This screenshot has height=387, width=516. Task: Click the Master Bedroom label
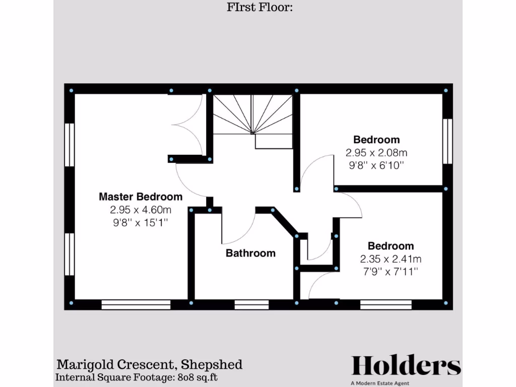141,197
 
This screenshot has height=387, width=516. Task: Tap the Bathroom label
250,253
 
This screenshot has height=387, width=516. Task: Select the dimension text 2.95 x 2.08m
376,152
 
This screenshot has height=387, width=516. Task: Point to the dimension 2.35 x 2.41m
391,259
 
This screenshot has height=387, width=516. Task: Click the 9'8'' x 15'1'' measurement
141,222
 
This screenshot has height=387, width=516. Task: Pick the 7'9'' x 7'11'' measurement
391,272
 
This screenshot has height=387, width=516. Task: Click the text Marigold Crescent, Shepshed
149,364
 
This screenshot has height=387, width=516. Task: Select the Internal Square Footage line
136,377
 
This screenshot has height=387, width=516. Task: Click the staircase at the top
252,118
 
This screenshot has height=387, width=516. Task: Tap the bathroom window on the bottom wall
251,304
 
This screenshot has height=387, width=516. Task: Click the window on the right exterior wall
447,141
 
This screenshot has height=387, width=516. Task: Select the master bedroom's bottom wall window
136,304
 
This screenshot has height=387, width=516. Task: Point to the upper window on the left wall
70,145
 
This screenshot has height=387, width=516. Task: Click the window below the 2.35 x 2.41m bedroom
386,304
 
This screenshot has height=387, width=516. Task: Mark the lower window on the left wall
70,254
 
